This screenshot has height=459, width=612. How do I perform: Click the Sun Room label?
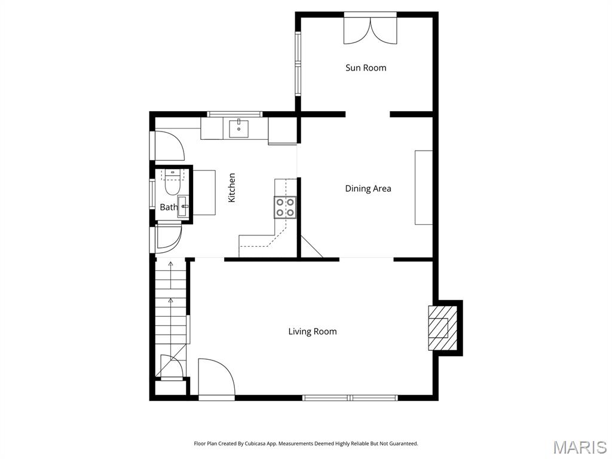366,68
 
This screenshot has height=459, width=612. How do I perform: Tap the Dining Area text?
368,188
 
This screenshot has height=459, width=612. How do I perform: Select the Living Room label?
313,331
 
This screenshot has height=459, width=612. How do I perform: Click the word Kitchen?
232,187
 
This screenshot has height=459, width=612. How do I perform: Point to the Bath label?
169,207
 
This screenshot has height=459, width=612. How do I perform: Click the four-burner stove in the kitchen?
285,207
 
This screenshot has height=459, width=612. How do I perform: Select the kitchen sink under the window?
238,128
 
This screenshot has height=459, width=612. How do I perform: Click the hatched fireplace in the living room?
440,328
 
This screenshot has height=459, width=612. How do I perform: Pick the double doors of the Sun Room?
370,30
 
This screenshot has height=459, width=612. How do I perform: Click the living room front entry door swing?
216,377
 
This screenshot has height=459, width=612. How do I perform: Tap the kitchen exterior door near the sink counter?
165,146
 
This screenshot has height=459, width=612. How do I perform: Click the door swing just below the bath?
167,237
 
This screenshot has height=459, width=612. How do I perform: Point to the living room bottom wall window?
350,397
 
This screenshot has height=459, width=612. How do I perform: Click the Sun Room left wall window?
297,63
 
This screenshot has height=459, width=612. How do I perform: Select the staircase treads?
171,311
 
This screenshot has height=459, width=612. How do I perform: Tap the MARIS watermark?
579,446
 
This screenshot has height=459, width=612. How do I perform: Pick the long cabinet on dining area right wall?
424,187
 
